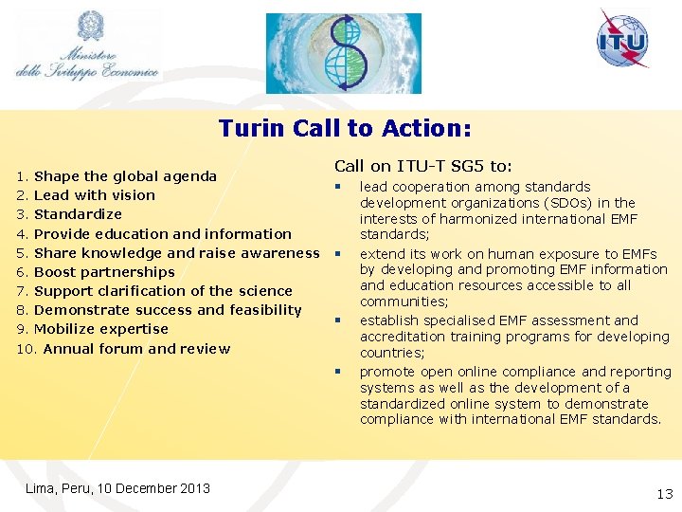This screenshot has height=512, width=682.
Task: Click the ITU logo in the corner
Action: pos(623,40)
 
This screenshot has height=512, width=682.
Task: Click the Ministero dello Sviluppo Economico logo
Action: pos(88,47)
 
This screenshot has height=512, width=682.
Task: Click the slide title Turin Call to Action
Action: pos(345,128)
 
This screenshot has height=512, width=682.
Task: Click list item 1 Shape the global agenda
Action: pos(117,176)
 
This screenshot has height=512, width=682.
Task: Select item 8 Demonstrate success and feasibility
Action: pos(159,310)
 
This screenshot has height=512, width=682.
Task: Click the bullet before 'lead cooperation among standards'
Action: pos(337,187)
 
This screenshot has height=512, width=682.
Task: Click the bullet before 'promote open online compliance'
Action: pos(337,372)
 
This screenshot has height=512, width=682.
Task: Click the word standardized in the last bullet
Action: pos(404,404)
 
